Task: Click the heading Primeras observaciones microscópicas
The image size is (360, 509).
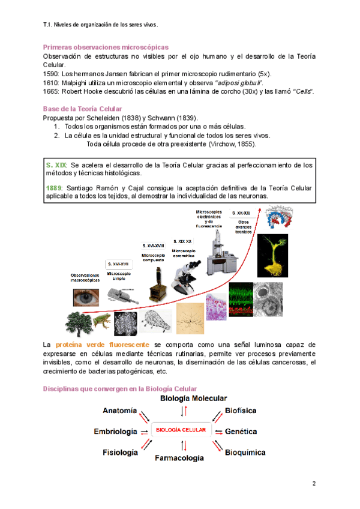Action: coord(106,47)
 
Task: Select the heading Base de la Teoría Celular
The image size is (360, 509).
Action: coord(82,109)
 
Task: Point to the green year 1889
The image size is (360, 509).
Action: coord(55,188)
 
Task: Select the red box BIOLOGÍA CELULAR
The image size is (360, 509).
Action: coord(181,430)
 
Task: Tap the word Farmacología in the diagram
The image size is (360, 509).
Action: coord(179,459)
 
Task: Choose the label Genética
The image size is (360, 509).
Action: coord(241,431)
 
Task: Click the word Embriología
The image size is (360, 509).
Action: coord(115,431)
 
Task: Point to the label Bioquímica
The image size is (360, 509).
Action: coord(245,453)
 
